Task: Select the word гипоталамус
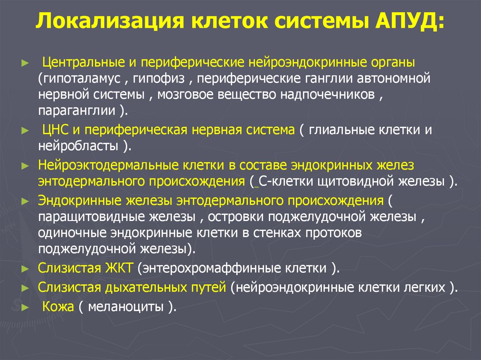(84, 77)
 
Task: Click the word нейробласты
(78, 146)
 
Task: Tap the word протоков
(328, 234)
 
